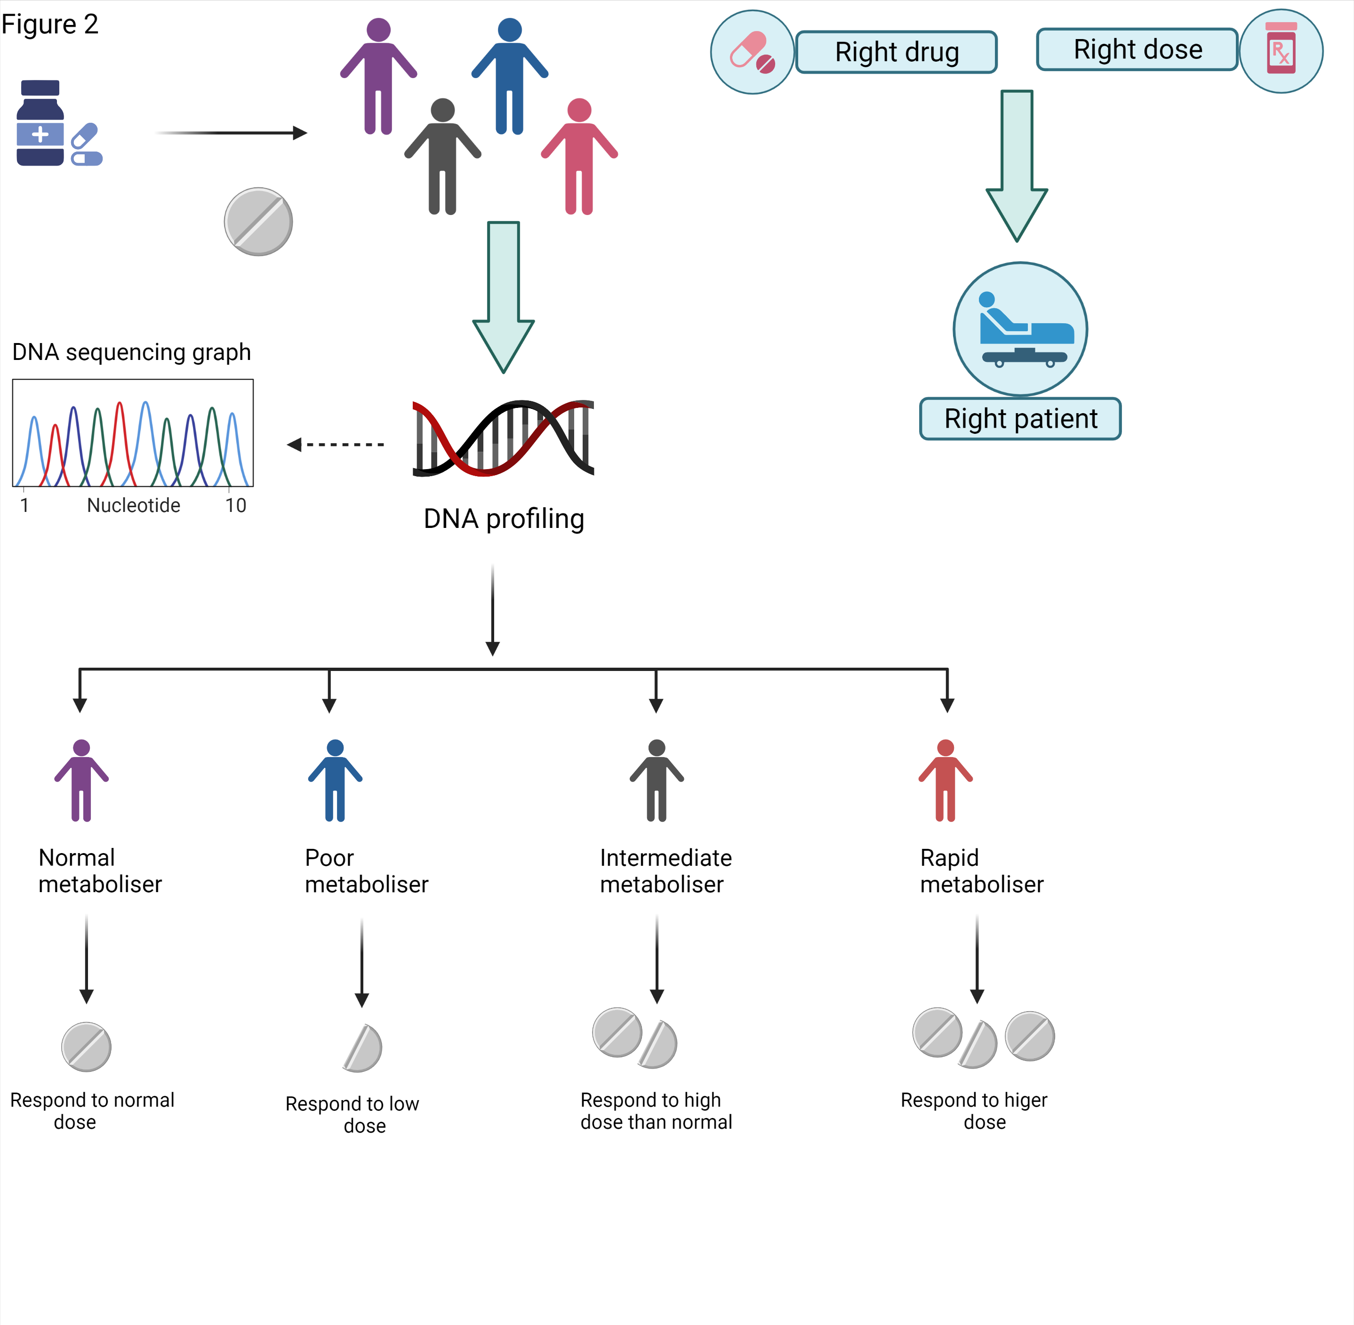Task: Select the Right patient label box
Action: pyautogui.click(x=1020, y=419)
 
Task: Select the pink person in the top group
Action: pyautogui.click(x=579, y=157)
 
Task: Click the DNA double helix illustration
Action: pyautogui.click(x=503, y=439)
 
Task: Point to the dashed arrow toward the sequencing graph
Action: pyautogui.click(x=336, y=444)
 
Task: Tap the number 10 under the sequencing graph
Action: pyautogui.click(x=235, y=506)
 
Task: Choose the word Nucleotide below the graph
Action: pyautogui.click(x=134, y=506)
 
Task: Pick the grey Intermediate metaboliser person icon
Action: pyautogui.click(x=657, y=780)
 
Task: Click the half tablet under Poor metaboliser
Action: pyautogui.click(x=363, y=1047)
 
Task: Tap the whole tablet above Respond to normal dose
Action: pyautogui.click(x=86, y=1046)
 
